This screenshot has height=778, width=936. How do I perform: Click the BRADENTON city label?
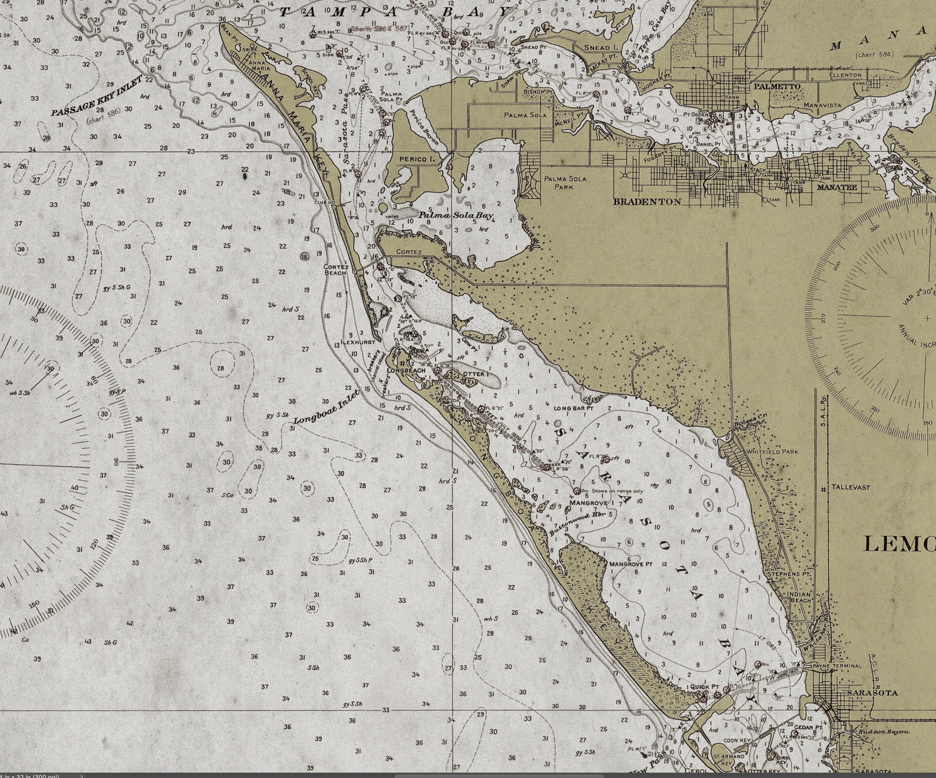click(647, 201)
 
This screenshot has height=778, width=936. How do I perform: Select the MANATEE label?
click(836, 187)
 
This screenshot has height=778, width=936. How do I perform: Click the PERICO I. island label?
click(416, 159)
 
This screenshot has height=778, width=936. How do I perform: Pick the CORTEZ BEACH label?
click(337, 270)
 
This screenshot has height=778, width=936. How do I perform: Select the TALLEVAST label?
click(851, 488)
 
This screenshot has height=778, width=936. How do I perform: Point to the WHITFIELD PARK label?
click(772, 452)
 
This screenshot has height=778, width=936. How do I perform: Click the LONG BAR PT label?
click(573, 408)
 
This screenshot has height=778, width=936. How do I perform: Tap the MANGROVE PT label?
click(631, 564)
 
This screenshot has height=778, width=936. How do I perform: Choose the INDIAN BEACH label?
click(800, 597)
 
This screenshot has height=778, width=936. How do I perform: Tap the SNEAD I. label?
click(600, 47)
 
